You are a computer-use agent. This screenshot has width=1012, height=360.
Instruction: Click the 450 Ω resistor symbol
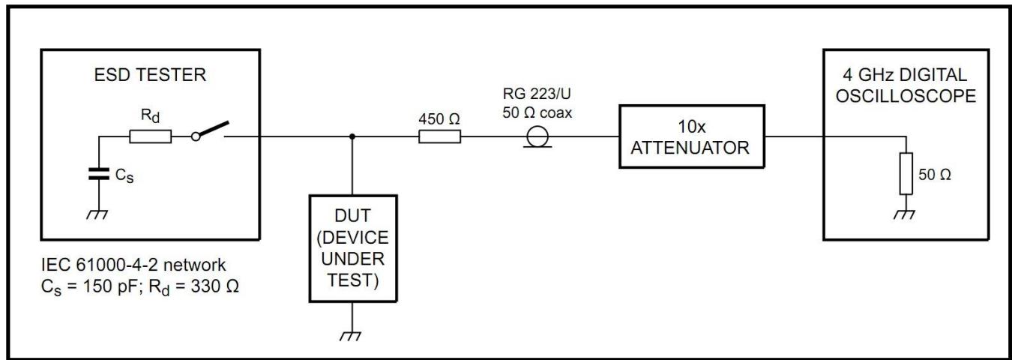(439, 136)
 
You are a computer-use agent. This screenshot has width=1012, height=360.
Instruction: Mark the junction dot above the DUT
(352, 137)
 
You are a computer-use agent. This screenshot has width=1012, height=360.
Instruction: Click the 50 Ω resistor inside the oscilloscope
(907, 175)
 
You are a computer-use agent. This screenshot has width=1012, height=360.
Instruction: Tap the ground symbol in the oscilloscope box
(907, 214)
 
